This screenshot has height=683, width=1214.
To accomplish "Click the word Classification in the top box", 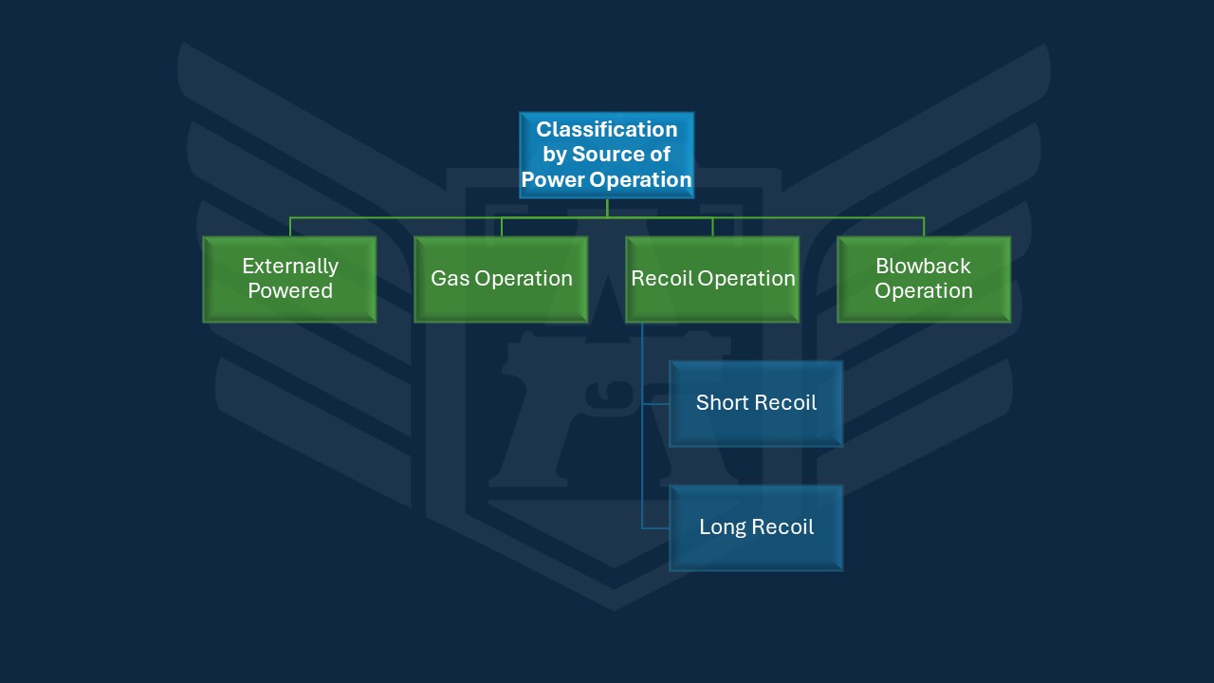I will [607, 129].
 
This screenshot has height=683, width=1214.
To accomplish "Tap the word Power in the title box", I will [553, 179].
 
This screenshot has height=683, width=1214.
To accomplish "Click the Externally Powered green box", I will [289, 279].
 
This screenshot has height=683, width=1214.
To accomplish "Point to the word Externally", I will [289, 266].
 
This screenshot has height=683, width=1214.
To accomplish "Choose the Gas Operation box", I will [501, 279].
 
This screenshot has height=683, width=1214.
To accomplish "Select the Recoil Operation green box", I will [712, 279].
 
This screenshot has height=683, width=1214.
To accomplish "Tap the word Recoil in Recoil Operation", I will [662, 278].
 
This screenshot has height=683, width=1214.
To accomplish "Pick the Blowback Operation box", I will [923, 279].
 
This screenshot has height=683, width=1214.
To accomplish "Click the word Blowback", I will [923, 266].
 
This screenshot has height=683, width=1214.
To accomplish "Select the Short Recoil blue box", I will [756, 403].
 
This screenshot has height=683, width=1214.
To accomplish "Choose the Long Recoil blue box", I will [756, 527].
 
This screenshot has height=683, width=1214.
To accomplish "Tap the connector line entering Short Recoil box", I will [656, 403].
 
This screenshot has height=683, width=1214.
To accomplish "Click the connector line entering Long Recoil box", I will [656, 527].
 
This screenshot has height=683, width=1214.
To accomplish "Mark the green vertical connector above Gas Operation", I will [502, 227].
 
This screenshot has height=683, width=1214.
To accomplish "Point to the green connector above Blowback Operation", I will [924, 227].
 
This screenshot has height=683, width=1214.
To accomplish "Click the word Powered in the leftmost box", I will [289, 291].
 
